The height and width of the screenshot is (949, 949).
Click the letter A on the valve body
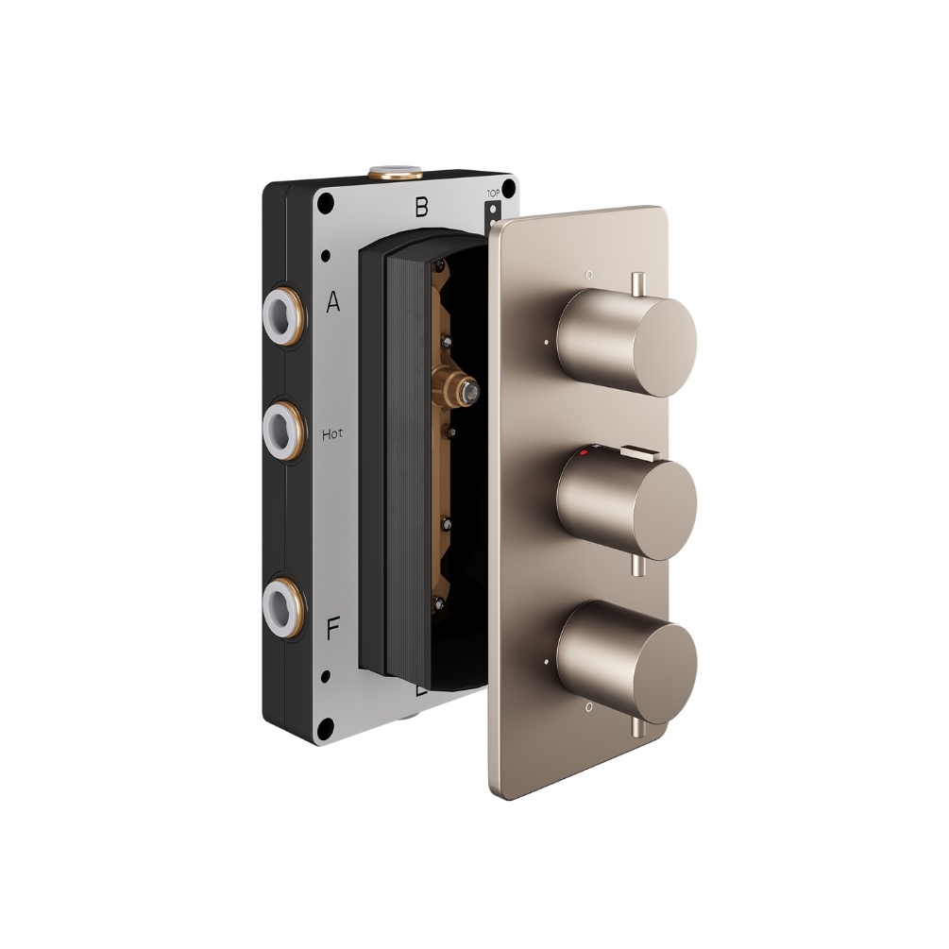point(332,302)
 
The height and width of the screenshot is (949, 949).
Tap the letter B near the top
point(422,207)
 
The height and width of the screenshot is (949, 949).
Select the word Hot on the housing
point(332,434)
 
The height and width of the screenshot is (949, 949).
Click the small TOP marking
point(492,194)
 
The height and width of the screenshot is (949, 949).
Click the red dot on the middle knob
point(585,455)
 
